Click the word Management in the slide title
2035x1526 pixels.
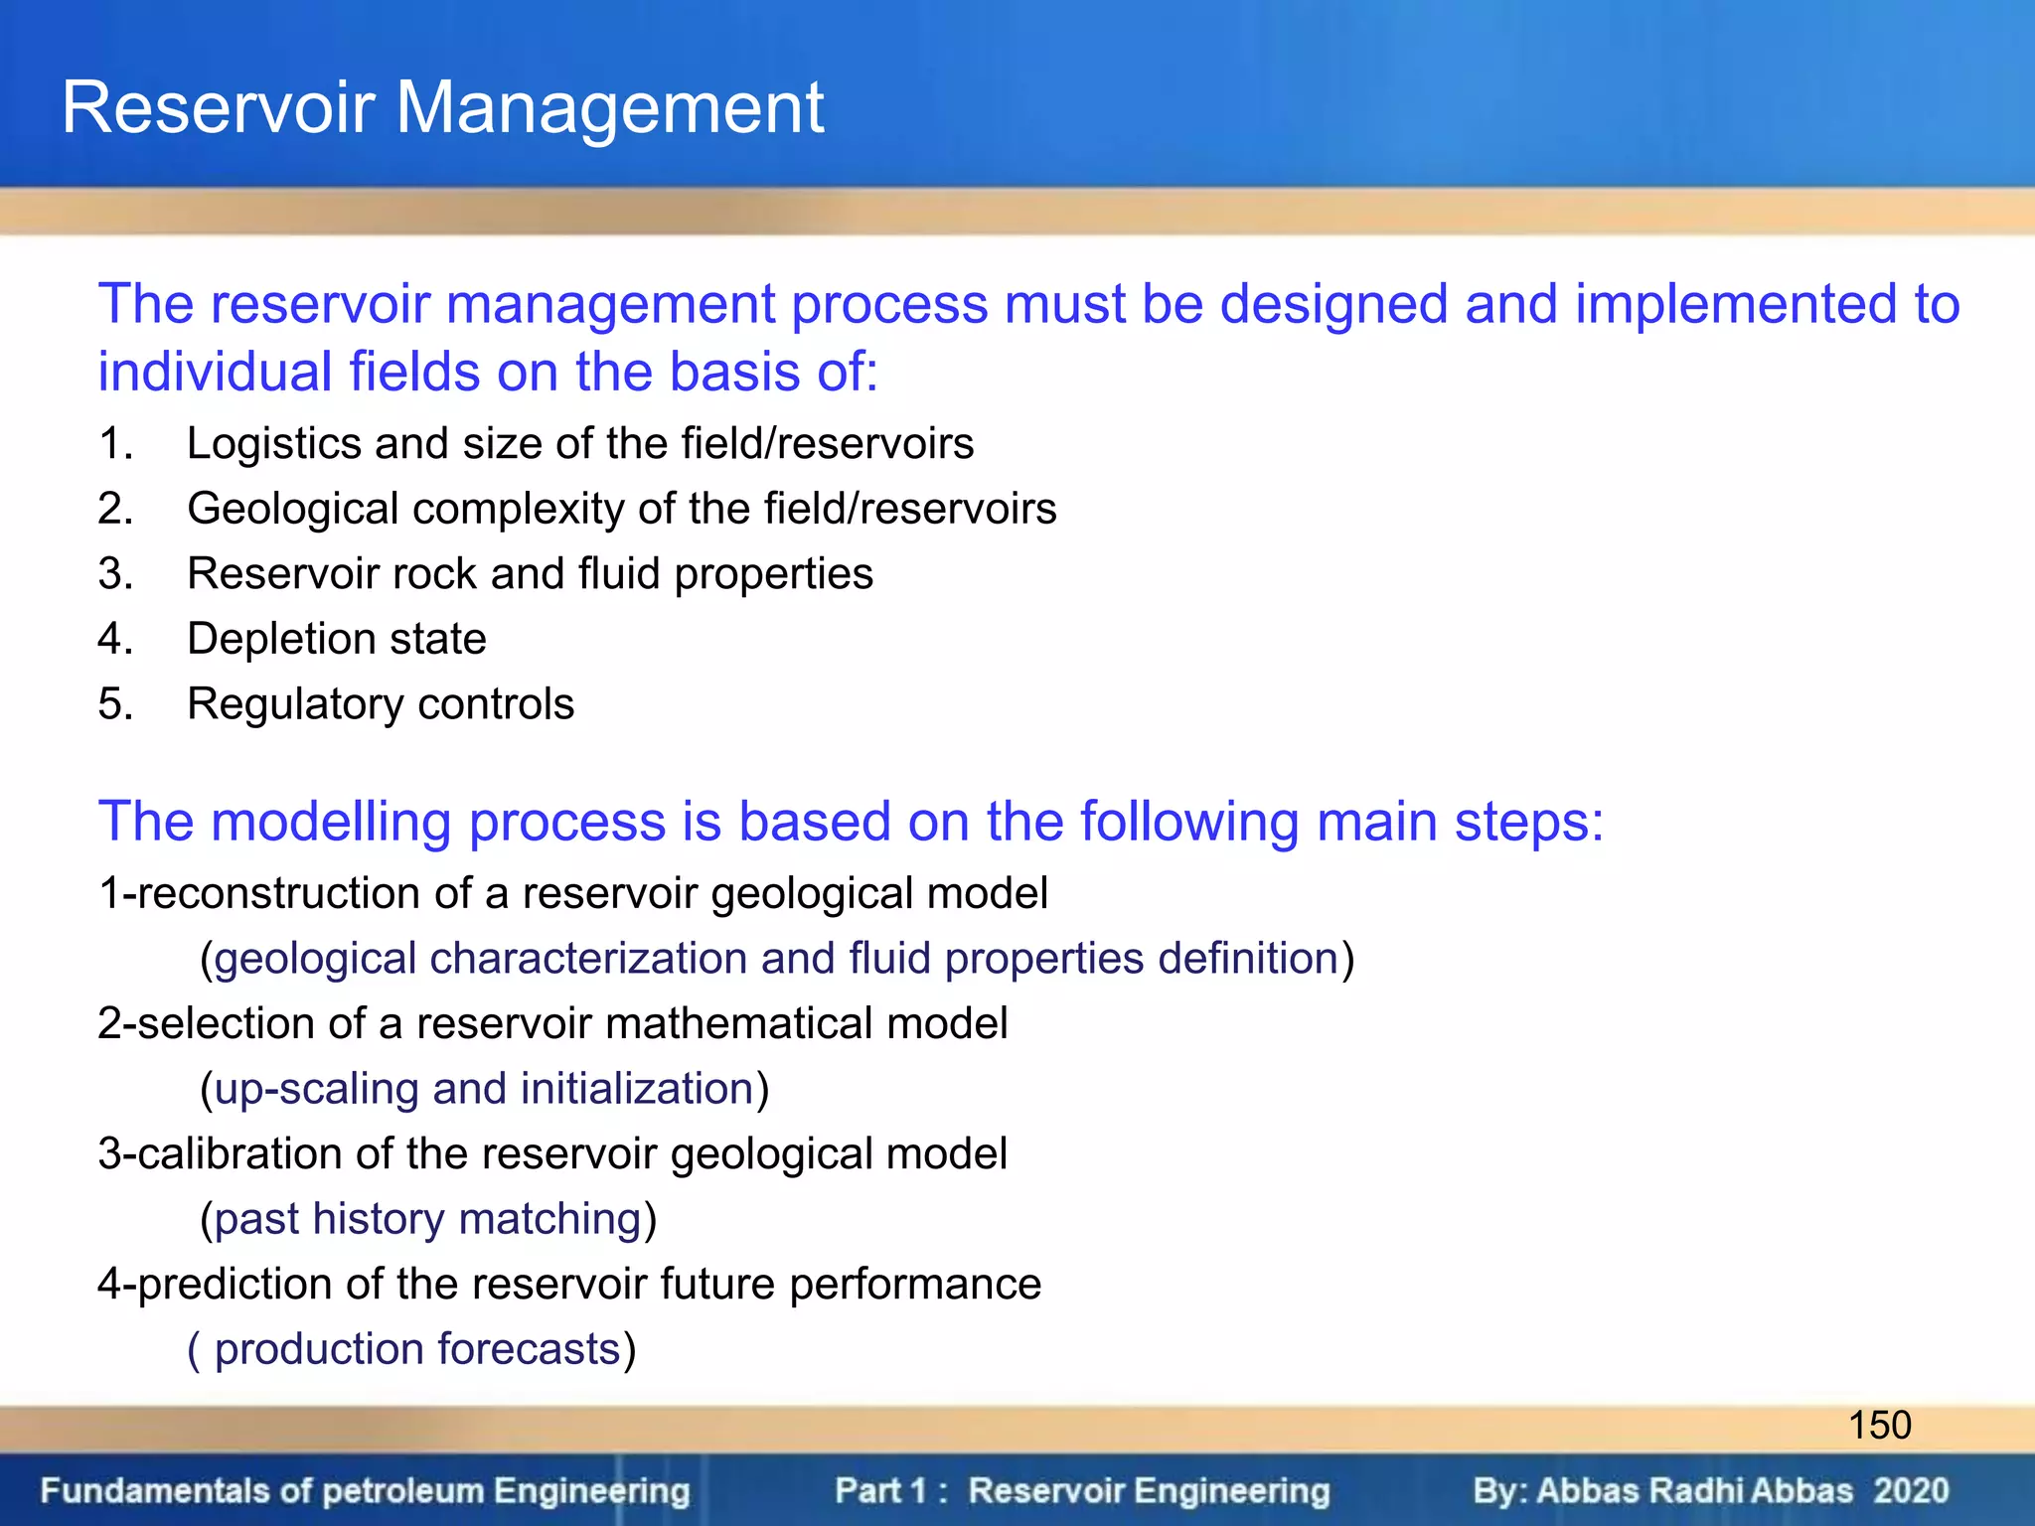(x=609, y=107)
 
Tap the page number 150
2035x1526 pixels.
(x=1879, y=1426)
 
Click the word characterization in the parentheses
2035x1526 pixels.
(x=588, y=959)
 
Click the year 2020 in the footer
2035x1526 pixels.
(x=1911, y=1490)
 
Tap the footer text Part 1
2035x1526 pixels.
(x=880, y=1490)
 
